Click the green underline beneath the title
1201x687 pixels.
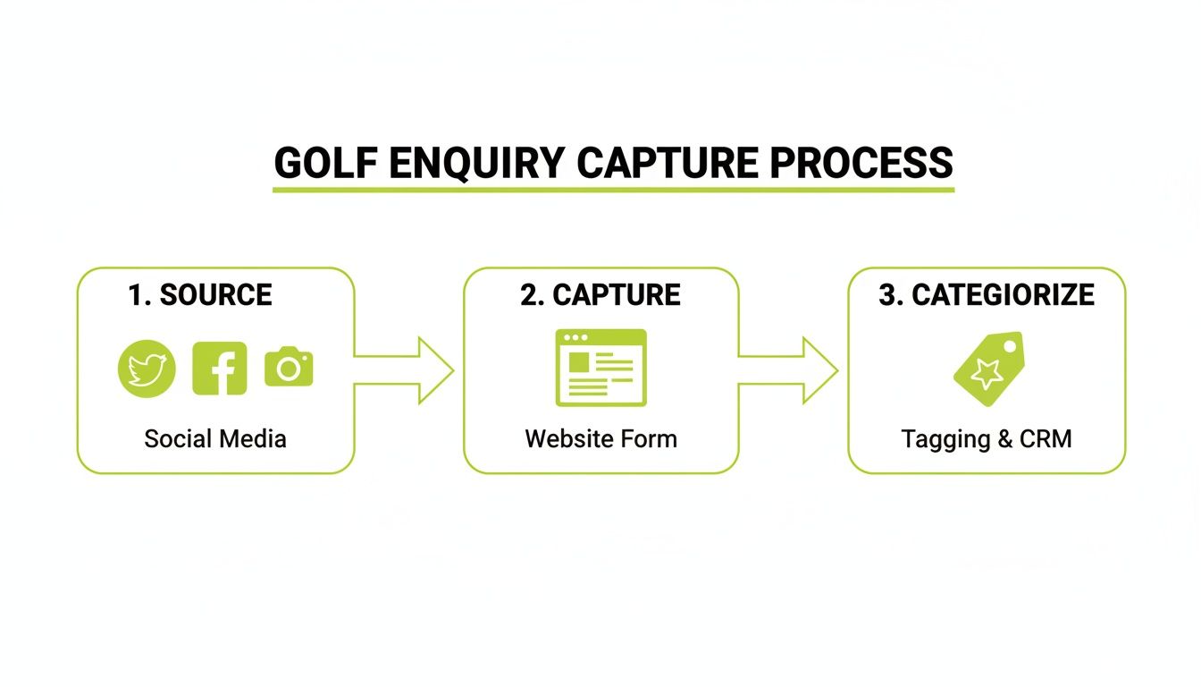click(x=613, y=190)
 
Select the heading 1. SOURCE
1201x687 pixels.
click(x=200, y=295)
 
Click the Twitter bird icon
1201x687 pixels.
click(x=147, y=369)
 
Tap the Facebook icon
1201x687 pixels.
click(x=220, y=369)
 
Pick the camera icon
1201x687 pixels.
click(x=289, y=368)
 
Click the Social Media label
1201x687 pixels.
click(x=215, y=439)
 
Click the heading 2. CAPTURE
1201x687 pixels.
click(x=600, y=295)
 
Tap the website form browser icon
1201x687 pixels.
click(x=600, y=368)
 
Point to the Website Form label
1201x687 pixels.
click(x=600, y=439)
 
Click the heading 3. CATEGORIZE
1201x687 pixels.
click(x=987, y=295)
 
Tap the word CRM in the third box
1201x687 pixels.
click(x=1045, y=439)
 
